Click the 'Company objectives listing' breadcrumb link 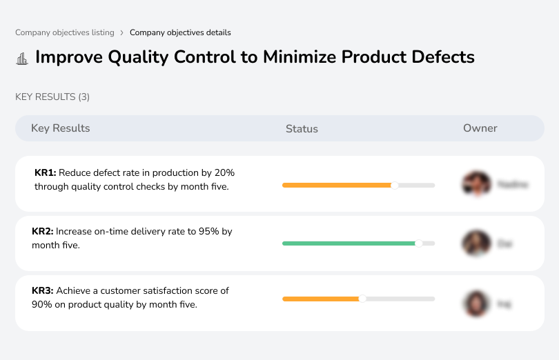coord(65,32)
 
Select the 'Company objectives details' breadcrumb coord(180,32)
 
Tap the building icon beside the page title coord(22,58)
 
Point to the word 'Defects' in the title coord(442,57)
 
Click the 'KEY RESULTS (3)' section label coord(52,97)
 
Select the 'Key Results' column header coord(60,128)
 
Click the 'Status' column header coord(302,129)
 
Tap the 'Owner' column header coord(480,128)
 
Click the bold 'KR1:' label coord(45,173)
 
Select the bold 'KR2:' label coord(43,232)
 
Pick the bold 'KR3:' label coord(43,291)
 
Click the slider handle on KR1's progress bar coord(395,185)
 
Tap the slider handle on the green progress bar coord(418,243)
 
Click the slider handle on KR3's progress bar coord(362,299)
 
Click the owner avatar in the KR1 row coord(475,184)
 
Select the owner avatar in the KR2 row coord(475,243)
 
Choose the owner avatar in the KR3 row coord(475,303)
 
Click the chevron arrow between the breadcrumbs coord(122,32)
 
